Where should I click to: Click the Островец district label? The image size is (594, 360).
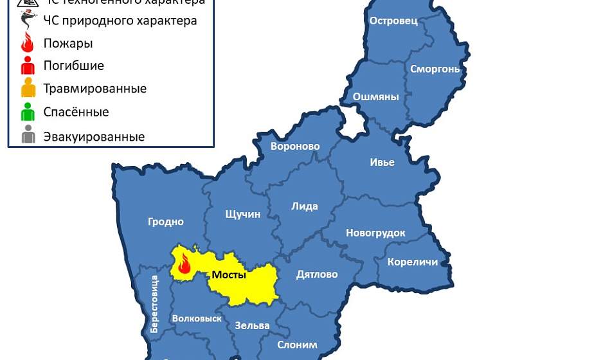coord(393,21)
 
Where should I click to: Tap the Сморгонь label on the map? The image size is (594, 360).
coord(435,69)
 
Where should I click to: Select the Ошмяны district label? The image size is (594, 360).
coord(376,97)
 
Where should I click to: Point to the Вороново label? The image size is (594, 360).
coord(295,146)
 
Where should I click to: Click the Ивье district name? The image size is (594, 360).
coord(382,162)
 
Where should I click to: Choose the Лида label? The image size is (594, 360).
coord(305,206)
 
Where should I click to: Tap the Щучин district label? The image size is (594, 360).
coord(243,214)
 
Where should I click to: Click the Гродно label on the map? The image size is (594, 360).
coord(166,222)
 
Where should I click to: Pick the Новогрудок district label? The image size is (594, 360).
coord(375,233)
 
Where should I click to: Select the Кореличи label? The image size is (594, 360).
coord(412,262)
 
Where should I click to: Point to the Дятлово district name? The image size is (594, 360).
coord(317,274)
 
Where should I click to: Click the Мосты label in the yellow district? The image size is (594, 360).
coord(229,275)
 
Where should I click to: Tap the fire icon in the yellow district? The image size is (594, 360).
coord(184,264)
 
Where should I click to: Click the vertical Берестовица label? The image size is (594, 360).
coord(154,303)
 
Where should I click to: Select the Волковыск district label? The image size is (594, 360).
coord(197,318)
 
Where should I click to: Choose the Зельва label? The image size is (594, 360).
coord(252,325)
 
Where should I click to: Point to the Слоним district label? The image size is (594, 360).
coord(297,345)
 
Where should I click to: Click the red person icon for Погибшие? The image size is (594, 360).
coord(28,66)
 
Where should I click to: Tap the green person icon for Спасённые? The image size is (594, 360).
coord(28,112)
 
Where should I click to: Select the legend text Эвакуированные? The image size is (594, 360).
coord(94,137)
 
